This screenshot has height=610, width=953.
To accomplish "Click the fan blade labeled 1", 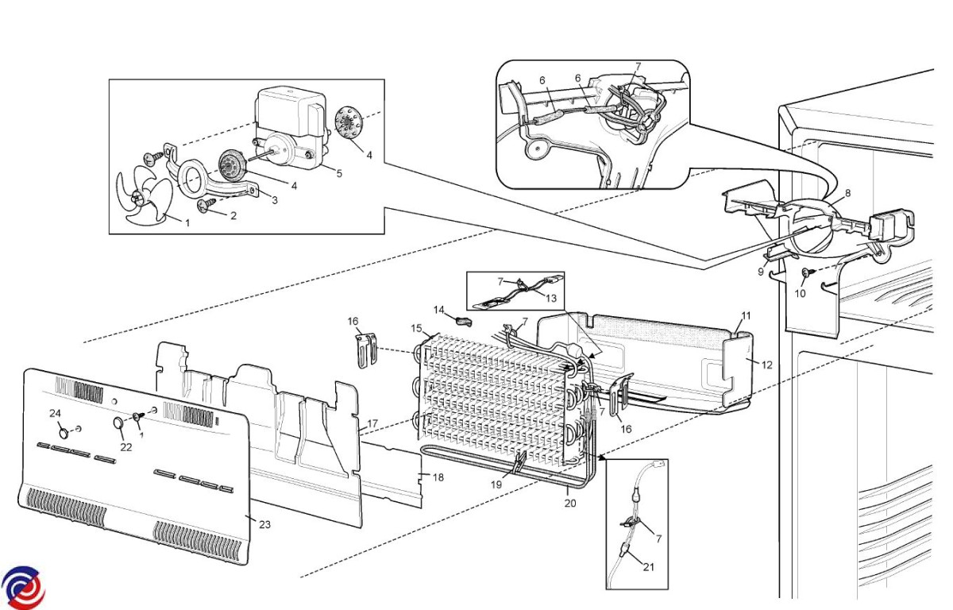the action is coord(145,195).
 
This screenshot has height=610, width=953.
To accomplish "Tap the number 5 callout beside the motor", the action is coord(339,174).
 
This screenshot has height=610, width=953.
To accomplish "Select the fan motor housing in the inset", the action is coord(293,128).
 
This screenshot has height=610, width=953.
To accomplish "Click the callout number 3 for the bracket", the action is coord(275,200).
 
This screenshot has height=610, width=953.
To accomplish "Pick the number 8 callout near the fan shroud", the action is coord(848,193).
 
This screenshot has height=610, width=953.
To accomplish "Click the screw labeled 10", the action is coord(807,272).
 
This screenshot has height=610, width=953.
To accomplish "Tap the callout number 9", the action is coord(761,272).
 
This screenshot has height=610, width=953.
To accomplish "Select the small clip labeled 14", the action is coord(464,321).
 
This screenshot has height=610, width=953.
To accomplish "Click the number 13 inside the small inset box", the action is coord(551,298).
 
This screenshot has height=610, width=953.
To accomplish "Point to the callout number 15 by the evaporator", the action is coord(416,328).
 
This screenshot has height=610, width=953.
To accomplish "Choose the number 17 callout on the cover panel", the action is coord(372,423).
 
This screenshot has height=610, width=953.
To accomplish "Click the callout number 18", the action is coord(438,477).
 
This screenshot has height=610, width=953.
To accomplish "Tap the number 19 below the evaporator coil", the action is coord(496,485).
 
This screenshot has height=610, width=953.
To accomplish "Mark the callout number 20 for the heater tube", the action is coord(570,503).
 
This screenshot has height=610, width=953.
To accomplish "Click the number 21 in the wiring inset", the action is coord(648,567).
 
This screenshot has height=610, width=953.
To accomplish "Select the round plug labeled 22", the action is coord(118,423).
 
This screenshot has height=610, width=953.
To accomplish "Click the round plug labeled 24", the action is coord(64,433).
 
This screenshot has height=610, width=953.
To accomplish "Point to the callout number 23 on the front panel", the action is coord(264,524).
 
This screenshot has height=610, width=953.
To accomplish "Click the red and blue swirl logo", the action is coord(23,588).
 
